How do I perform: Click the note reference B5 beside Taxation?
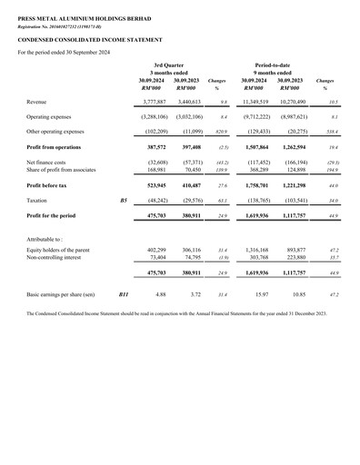coord(124,199)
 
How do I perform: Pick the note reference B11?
coord(125,295)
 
